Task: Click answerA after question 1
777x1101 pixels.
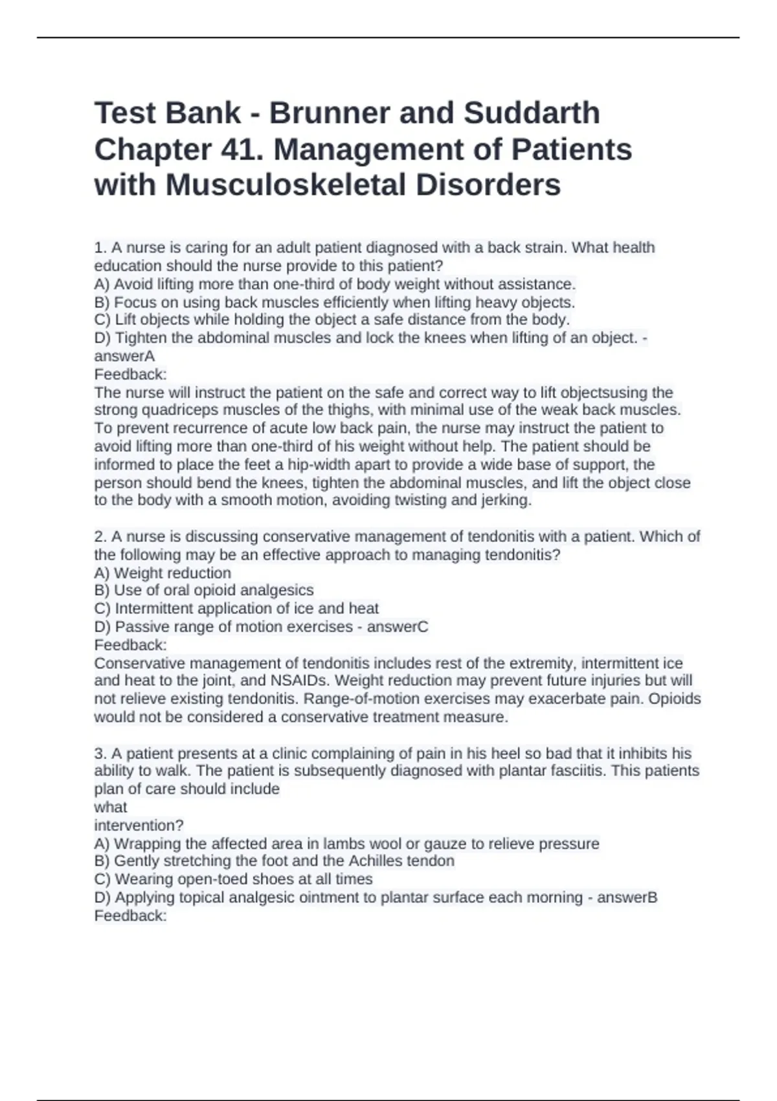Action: coord(124,356)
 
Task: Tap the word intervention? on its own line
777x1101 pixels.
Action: coord(139,826)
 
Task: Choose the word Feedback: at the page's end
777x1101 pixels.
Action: coord(130,916)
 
